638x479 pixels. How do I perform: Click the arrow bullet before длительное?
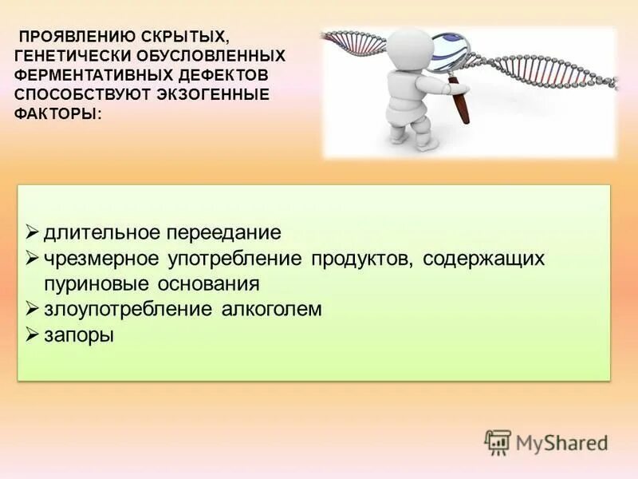click(32, 232)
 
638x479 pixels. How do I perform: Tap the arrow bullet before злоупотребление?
click(32, 309)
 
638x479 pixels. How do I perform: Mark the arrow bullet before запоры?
click(32, 335)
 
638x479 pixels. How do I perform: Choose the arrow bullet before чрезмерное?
click(32, 258)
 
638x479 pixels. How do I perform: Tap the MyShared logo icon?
click(498, 441)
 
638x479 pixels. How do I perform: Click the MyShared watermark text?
click(561, 442)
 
